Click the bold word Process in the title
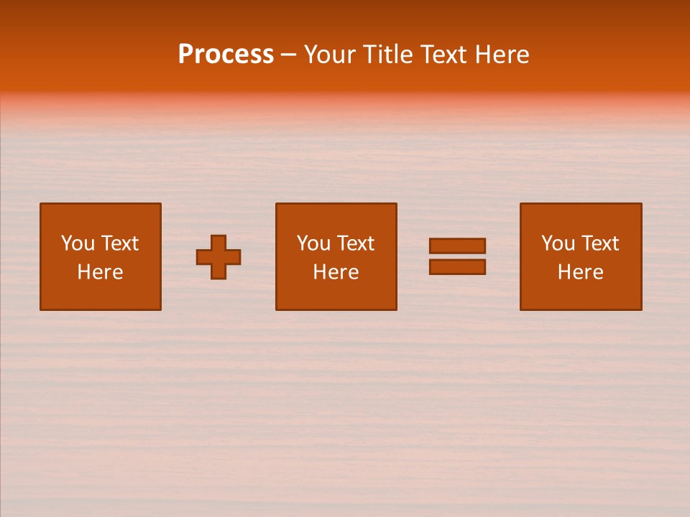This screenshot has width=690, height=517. click(x=226, y=55)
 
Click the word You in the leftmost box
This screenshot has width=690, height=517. click(x=77, y=243)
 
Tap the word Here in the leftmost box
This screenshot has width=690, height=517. click(x=100, y=272)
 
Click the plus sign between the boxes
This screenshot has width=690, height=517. click(x=218, y=256)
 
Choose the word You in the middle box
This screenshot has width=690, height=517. click(x=313, y=243)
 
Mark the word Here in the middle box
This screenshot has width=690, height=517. click(x=336, y=272)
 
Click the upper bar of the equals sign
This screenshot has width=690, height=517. click(x=457, y=246)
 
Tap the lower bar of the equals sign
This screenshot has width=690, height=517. click(x=457, y=267)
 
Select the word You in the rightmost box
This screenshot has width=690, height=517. click(x=557, y=243)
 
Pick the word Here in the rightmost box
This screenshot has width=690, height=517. click(x=580, y=272)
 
